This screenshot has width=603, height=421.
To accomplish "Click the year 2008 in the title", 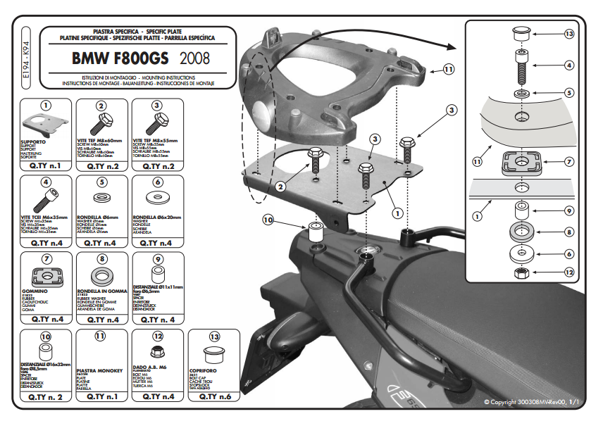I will point(194,58).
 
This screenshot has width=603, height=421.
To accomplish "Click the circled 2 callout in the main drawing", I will point(280,186).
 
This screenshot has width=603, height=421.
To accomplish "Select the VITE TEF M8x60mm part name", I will point(101,142).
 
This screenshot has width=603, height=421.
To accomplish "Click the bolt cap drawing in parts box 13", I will point(213,352).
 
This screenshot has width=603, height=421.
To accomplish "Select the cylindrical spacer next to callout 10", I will point(315,230).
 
